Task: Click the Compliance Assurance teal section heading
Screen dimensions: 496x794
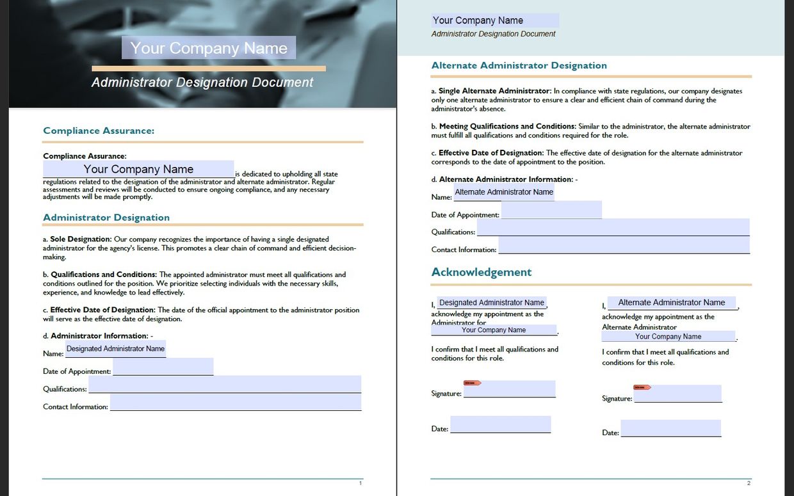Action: coord(99,131)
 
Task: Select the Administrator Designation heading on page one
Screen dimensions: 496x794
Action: coord(106,218)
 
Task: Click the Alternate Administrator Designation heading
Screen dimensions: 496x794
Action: coord(519,65)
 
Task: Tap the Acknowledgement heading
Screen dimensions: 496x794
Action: coord(482,272)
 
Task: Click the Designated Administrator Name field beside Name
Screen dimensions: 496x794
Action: coord(115,349)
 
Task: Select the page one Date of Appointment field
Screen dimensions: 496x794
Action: coord(163,367)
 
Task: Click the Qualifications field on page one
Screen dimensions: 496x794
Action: coord(225,385)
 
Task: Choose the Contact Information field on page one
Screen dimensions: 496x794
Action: coord(236,403)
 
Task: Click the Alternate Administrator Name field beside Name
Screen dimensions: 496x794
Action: coord(504,192)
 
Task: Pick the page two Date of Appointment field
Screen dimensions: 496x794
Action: coord(551,210)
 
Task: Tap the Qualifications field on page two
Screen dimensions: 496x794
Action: coord(613,227)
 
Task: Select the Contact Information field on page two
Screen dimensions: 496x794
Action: coord(624,245)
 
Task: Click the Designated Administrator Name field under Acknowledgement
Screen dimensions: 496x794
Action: coord(491,303)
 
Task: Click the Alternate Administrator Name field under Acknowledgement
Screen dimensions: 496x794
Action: coord(671,303)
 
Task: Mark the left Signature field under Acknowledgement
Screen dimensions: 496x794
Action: coord(510,389)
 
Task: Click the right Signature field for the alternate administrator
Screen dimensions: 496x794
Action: coord(677,394)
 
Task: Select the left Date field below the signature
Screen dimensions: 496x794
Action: coord(500,424)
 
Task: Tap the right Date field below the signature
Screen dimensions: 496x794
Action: coord(670,428)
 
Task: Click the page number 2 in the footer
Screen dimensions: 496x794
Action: coord(748,483)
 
